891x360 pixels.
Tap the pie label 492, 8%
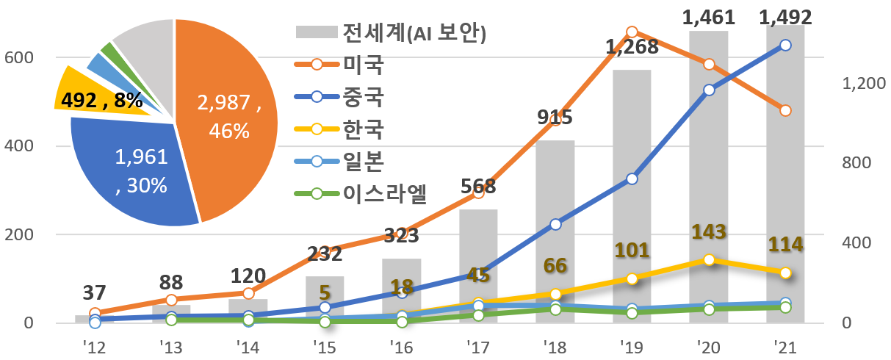[x=103, y=100]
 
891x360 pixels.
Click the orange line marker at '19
[x=632, y=32]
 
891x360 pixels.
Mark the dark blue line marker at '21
[x=785, y=45]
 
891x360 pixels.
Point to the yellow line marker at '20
[x=709, y=260]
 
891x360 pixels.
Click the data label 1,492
[x=785, y=16]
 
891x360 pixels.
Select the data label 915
[x=555, y=118]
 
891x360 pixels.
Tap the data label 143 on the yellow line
[x=709, y=232]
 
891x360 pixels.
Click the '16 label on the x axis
[x=400, y=345]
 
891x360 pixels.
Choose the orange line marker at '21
[x=785, y=110]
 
